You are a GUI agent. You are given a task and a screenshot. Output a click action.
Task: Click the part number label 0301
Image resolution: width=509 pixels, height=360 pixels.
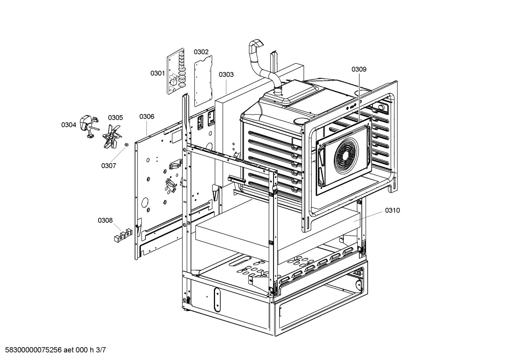click(x=157, y=73)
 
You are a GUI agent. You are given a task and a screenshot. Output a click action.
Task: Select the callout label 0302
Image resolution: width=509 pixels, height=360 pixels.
click(x=201, y=52)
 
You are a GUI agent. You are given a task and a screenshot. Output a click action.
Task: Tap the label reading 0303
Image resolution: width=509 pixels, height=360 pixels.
click(x=226, y=75)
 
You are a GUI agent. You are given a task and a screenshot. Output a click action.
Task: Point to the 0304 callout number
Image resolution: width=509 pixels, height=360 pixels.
click(x=68, y=125)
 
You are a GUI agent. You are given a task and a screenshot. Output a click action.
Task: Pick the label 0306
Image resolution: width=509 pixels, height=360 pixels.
click(x=146, y=117)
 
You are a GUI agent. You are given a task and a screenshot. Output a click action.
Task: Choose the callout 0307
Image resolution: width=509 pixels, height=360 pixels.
click(x=108, y=166)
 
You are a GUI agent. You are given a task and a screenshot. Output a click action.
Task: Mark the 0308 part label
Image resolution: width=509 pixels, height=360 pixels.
click(x=105, y=220)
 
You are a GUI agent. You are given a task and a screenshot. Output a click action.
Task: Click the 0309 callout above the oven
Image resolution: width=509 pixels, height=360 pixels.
click(x=359, y=69)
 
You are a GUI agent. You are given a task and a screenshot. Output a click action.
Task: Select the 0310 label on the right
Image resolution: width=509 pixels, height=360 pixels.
click(x=392, y=211)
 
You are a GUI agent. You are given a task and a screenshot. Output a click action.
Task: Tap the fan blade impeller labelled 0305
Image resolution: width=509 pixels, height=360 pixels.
click(x=112, y=136)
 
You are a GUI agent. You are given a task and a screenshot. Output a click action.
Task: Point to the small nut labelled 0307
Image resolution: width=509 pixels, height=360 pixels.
click(x=126, y=145)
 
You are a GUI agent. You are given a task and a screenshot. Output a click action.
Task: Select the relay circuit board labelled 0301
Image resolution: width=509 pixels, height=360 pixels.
click(x=176, y=72)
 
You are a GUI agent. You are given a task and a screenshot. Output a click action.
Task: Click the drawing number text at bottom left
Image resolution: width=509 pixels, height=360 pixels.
click(x=53, y=350)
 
